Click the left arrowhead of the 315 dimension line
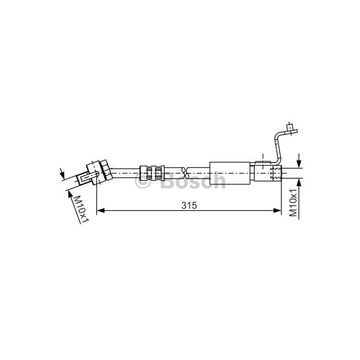tap(100, 210)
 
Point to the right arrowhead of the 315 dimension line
tap(277, 210)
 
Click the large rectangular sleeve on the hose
tap(230, 173)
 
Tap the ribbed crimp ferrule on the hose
tap(152, 173)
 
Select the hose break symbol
tap(185, 173)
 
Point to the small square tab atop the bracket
tap(290, 127)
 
